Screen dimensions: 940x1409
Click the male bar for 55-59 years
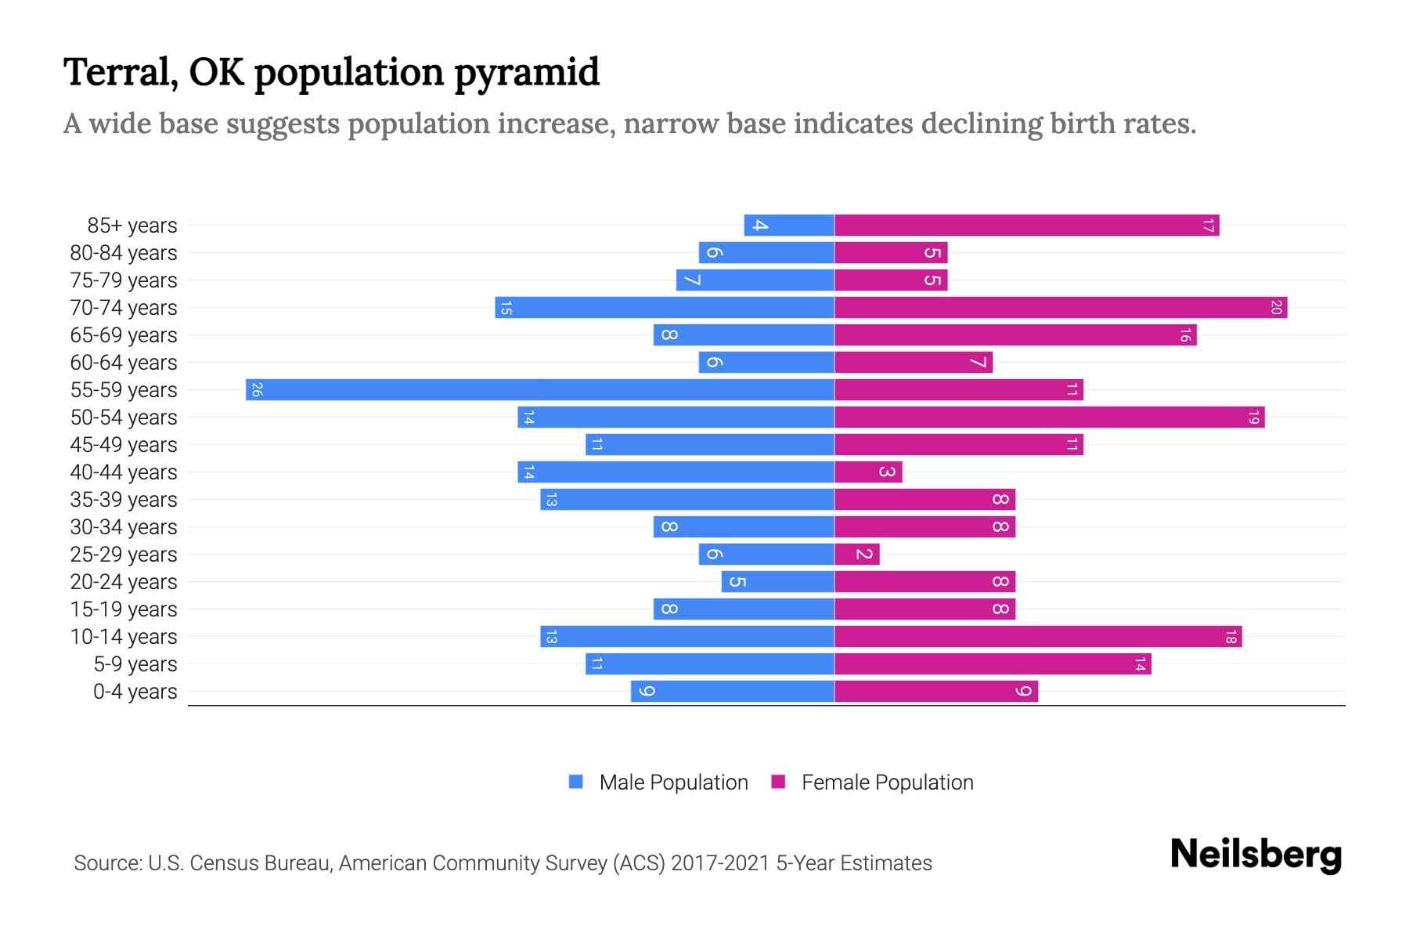(540, 389)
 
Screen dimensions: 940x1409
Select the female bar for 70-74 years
(1061, 307)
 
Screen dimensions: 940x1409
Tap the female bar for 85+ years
(1026, 225)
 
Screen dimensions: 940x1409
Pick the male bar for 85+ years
(789, 225)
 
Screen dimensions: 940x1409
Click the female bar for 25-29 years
(857, 554)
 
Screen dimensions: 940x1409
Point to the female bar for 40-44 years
(868, 472)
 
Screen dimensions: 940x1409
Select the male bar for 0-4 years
(733, 691)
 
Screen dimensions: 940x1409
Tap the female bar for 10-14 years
(1038, 636)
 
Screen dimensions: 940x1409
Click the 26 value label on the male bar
(257, 389)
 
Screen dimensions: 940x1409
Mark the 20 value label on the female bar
(1276, 307)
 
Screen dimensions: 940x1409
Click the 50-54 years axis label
(124, 417)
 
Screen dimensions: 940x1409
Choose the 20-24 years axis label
(124, 581)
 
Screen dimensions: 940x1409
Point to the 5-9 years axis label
(135, 663)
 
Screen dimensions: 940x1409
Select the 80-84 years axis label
(124, 252)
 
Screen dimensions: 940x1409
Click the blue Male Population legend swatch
(576, 782)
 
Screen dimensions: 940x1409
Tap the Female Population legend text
(887, 782)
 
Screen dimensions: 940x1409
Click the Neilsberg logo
(1256, 854)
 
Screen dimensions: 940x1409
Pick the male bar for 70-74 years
(665, 307)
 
